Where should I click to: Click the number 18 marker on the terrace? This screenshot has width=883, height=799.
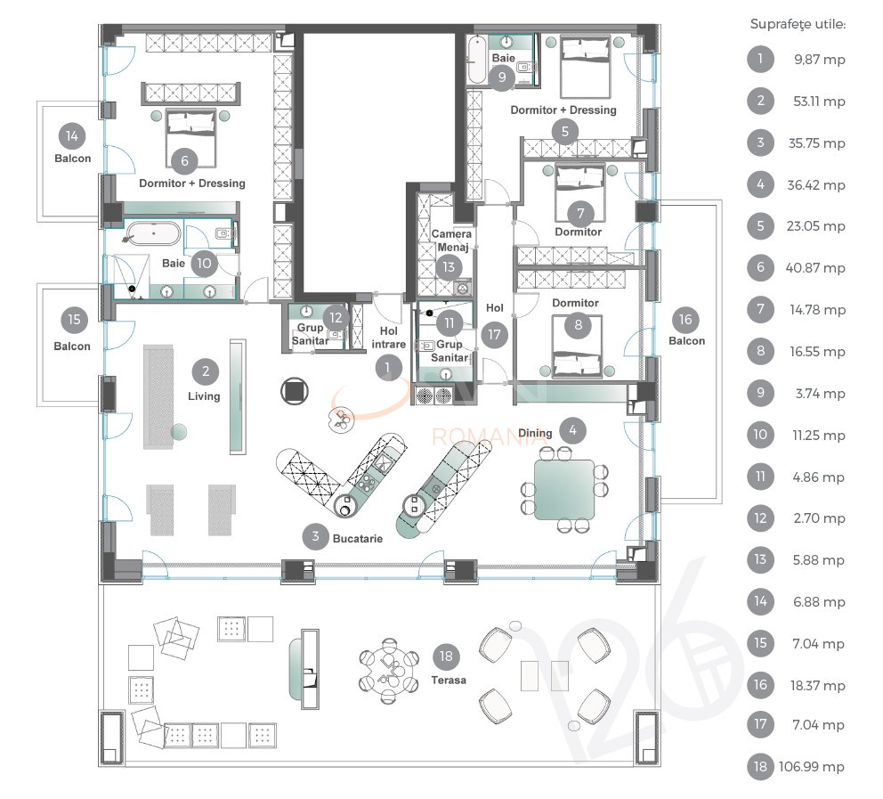coord(447,657)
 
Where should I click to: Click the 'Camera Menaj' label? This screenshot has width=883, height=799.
coord(451,241)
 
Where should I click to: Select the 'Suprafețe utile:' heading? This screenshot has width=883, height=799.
coord(798,24)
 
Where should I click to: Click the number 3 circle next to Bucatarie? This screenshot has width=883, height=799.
coord(314,536)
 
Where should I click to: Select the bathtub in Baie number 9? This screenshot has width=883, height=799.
coord(476,59)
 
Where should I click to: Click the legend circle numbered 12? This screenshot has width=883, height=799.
coord(760,518)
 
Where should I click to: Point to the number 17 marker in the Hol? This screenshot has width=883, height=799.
coord(494,334)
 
